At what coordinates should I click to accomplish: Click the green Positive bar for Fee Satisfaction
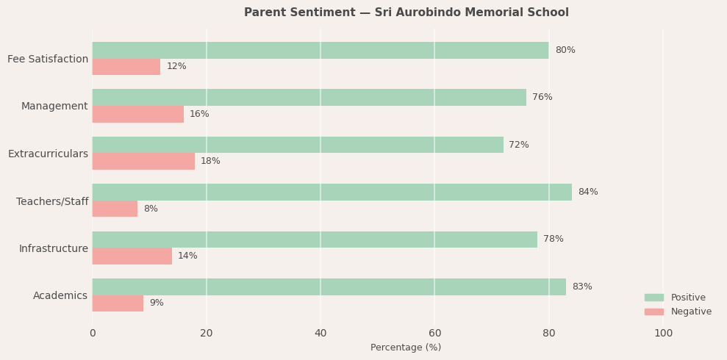coord(320,50)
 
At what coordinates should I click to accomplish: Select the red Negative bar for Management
coord(137,114)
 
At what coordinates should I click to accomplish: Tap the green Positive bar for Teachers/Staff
coord(332,192)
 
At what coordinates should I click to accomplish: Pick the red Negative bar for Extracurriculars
coord(143,161)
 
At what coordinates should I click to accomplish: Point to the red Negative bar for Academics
coord(118,303)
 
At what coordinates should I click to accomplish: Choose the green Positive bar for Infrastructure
coord(315,240)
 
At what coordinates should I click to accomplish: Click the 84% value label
coord(587,192)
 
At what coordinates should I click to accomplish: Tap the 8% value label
coord(151,209)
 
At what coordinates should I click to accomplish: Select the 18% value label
coord(210,161)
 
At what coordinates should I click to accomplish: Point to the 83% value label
coord(581,287)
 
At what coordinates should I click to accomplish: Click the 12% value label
coord(176,66)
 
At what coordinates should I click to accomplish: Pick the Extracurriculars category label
coord(48,154)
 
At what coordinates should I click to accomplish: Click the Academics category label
coord(60,295)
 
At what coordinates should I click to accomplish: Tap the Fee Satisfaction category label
coord(48,59)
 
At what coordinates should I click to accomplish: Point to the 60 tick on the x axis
coord(434,333)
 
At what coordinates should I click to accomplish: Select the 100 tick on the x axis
coord(663,333)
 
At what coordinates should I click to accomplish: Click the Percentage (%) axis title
coord(406,348)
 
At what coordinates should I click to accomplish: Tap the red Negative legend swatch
coord(653,312)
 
